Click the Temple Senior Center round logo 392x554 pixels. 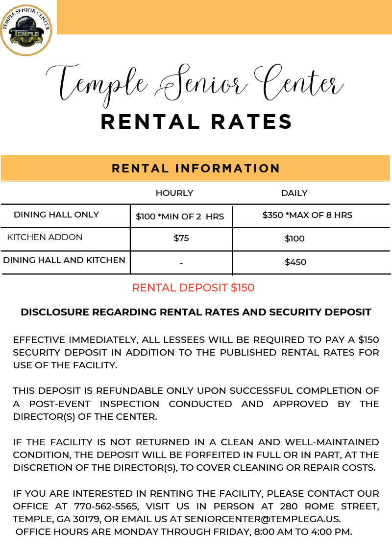pyautogui.click(x=26, y=26)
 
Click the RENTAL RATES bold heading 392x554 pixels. pyautogui.click(x=196, y=121)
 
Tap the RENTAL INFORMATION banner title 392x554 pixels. pyautogui.click(x=196, y=169)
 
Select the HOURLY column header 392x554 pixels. pyautogui.click(x=174, y=193)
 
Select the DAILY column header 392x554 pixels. pyautogui.click(x=294, y=193)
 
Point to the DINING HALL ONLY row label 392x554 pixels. pyautogui.click(x=56, y=215)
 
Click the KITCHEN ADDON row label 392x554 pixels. pyautogui.click(x=45, y=237)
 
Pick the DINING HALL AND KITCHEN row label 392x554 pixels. pyautogui.click(x=64, y=260)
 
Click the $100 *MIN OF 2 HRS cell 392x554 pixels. pyautogui.click(x=180, y=216)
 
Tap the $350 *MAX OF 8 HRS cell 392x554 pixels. pyautogui.click(x=307, y=215)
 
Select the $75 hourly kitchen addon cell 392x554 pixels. pyautogui.click(x=181, y=239)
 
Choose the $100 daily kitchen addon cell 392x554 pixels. pyautogui.click(x=294, y=239)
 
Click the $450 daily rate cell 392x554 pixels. pyautogui.click(x=295, y=262)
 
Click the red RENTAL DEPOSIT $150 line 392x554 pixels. pyautogui.click(x=193, y=288)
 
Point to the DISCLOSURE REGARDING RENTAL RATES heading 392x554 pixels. pyautogui.click(x=196, y=312)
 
